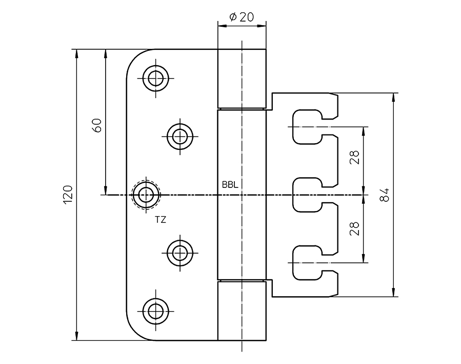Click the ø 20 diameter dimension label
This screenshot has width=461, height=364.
242,17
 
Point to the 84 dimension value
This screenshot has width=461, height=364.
385,195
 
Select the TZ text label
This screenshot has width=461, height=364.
161,219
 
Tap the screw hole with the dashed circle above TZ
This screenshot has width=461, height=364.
147,195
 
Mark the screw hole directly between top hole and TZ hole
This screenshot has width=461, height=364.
179,137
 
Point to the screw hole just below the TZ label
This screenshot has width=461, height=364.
179,252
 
